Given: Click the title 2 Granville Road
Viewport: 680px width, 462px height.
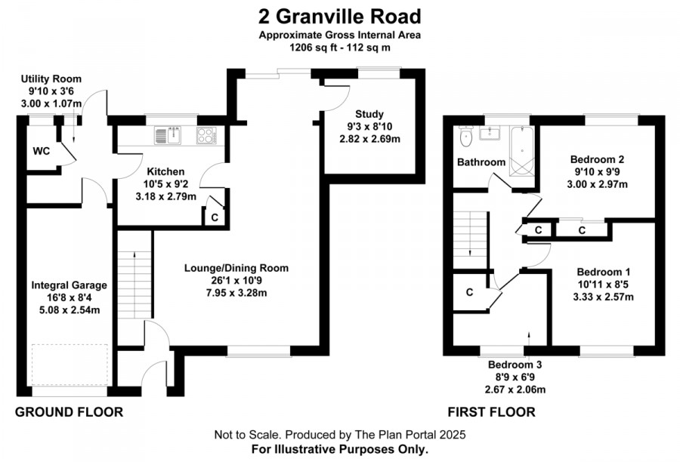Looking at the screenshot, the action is [x=339, y=17].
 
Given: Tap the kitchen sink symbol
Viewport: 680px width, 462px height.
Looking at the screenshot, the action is [x=168, y=135].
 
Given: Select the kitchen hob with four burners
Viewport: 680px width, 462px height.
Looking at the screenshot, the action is [x=207, y=135].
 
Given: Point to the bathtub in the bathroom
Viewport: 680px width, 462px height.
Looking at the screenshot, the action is [x=521, y=151].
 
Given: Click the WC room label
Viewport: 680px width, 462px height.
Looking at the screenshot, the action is [x=42, y=151].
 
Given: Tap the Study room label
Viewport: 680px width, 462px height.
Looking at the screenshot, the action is [x=369, y=114].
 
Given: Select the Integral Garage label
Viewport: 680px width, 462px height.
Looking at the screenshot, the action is [x=69, y=285].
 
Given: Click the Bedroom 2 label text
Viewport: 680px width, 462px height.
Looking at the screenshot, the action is [x=597, y=159].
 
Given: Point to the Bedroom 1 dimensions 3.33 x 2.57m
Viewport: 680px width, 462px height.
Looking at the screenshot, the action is [x=603, y=297].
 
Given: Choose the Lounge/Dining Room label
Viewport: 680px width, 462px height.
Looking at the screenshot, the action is [x=236, y=268].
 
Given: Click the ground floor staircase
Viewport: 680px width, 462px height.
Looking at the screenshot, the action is [x=134, y=276].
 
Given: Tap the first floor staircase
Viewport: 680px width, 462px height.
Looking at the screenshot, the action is [x=471, y=239].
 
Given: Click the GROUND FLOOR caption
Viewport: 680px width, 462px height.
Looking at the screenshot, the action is [x=69, y=411].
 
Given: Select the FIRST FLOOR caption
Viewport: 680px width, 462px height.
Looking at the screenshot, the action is [x=491, y=411].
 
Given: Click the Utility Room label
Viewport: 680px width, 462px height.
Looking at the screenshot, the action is [x=51, y=79].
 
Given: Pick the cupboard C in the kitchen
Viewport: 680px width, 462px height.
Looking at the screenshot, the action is [x=215, y=217].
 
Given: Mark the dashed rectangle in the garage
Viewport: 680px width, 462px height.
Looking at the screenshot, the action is [x=70, y=365].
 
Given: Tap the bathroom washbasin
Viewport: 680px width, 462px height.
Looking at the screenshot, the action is [x=490, y=133].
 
